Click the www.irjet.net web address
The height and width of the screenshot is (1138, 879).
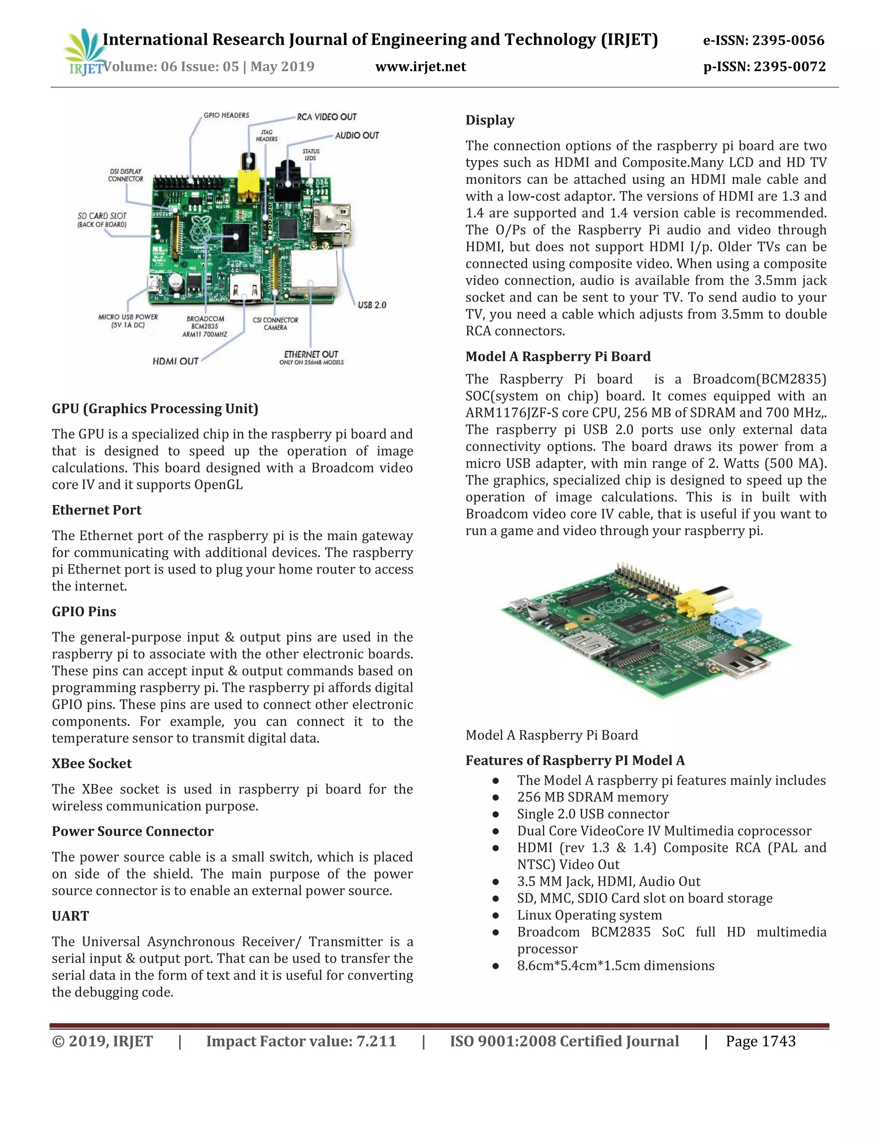[420, 67]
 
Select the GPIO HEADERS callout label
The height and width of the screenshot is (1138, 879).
[226, 115]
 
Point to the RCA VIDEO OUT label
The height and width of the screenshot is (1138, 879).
[327, 117]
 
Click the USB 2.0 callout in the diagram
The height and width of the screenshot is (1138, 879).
[372, 305]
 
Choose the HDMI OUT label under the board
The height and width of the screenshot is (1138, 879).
[176, 361]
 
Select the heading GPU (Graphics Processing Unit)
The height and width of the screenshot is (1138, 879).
[155, 408]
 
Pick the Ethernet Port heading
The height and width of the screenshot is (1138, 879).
[96, 510]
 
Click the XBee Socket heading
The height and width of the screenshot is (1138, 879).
[92, 764]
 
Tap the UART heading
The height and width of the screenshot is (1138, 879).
[70, 916]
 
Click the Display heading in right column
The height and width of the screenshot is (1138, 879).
[489, 120]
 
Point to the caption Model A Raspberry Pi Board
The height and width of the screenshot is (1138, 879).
[552, 735]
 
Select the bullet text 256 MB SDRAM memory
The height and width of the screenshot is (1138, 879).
[592, 797]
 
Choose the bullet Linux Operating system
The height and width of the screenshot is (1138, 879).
[589, 916]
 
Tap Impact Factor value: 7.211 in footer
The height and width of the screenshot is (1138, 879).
[301, 1042]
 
